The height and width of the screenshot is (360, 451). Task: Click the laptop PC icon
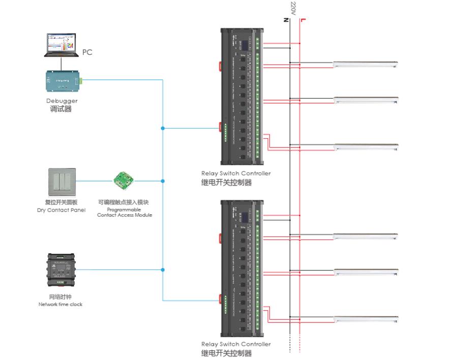tap(62, 45)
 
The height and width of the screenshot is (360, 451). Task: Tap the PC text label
tap(87, 52)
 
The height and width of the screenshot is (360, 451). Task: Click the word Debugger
tap(62, 101)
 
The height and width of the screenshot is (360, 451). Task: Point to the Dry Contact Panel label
tap(62, 210)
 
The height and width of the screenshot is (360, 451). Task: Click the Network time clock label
tap(61, 304)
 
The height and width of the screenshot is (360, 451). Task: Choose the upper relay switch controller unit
tap(241, 97)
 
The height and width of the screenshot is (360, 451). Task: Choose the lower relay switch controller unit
tap(241, 268)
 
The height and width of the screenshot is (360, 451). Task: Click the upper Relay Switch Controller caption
tap(235, 173)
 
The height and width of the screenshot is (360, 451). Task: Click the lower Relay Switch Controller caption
tap(235, 344)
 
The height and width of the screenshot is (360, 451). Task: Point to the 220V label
tap(293, 9)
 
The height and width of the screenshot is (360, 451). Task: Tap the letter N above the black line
tap(287, 20)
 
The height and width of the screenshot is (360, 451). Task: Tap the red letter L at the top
tap(303, 20)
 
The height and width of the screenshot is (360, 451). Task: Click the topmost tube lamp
tap(365, 64)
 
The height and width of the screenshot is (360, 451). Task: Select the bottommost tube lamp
tap(365, 319)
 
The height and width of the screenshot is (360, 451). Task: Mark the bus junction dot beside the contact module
tap(163, 181)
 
